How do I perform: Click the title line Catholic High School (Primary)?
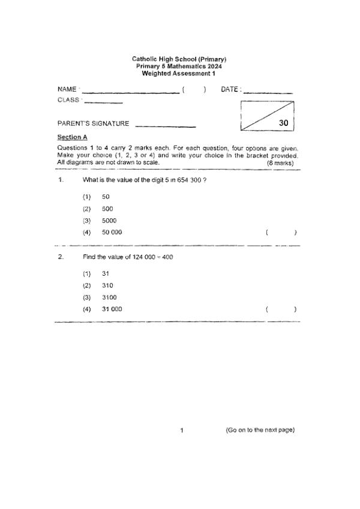click(x=179, y=59)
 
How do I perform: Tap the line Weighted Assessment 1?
click(x=179, y=73)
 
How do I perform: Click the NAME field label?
click(x=67, y=90)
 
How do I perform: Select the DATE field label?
click(x=231, y=90)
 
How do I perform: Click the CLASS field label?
click(x=68, y=100)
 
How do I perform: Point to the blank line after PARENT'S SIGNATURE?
click(x=166, y=125)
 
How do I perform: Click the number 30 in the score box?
click(x=284, y=123)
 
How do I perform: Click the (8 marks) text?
click(x=280, y=162)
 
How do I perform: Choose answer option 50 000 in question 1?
click(x=112, y=233)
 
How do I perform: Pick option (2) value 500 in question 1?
click(x=107, y=209)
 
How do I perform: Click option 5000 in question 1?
click(x=109, y=221)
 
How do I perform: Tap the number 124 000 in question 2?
click(x=144, y=257)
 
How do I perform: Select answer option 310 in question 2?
click(x=107, y=285)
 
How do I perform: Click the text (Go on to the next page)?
click(x=260, y=430)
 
